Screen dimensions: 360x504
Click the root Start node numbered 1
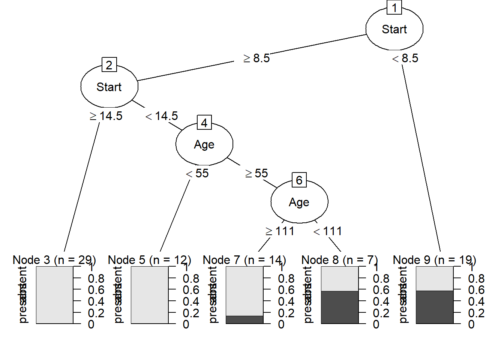click(394, 29)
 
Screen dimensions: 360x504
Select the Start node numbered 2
click(109, 87)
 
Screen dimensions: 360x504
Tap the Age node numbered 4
click(204, 144)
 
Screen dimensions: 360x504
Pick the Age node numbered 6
click(299, 202)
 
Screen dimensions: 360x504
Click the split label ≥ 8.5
click(256, 58)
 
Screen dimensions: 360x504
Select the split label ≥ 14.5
click(106, 116)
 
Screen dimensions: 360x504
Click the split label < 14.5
click(162, 116)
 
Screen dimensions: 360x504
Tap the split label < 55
click(197, 173)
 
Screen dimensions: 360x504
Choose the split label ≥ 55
click(256, 173)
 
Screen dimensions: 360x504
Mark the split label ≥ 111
click(280, 231)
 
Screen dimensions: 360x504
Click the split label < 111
click(328, 231)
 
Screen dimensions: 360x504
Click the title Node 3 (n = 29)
click(54, 259)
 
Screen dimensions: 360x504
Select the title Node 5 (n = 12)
click(150, 259)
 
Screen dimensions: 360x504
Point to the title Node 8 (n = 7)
click(339, 259)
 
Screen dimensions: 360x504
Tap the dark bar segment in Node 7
click(244, 319)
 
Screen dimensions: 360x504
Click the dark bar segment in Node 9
click(435, 307)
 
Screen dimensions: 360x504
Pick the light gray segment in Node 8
click(340, 279)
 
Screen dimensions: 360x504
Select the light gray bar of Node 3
click(55, 295)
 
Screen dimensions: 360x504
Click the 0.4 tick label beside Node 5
click(191, 301)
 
